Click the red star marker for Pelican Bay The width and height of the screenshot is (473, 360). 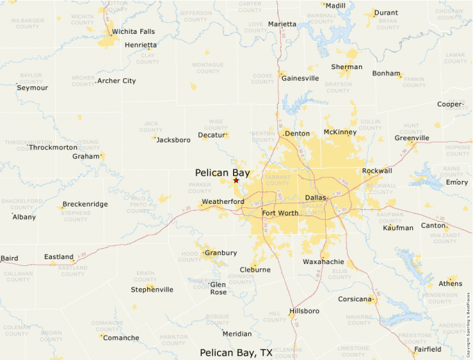(236, 180)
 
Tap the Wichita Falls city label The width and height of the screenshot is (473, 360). (133, 32)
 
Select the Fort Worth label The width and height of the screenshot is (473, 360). (280, 213)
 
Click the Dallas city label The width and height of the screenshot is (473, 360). (315, 198)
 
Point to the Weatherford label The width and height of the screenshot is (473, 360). (223, 202)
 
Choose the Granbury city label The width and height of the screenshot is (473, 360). (221, 253)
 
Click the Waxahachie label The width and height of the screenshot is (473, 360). (324, 262)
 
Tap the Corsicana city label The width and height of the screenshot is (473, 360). (355, 299)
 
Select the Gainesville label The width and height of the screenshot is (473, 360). (301, 78)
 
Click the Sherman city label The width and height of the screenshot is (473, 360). (346, 67)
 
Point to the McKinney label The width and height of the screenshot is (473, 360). (340, 132)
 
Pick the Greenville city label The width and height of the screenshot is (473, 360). (412, 138)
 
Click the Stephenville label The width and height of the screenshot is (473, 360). (152, 290)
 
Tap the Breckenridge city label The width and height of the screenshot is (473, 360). (85, 204)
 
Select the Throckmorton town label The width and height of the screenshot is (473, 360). (53, 147)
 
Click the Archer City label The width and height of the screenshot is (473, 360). (116, 81)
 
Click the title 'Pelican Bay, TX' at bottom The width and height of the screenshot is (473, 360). (236, 352)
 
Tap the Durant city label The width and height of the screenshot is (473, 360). (386, 12)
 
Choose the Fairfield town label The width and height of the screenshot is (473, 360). (427, 350)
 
